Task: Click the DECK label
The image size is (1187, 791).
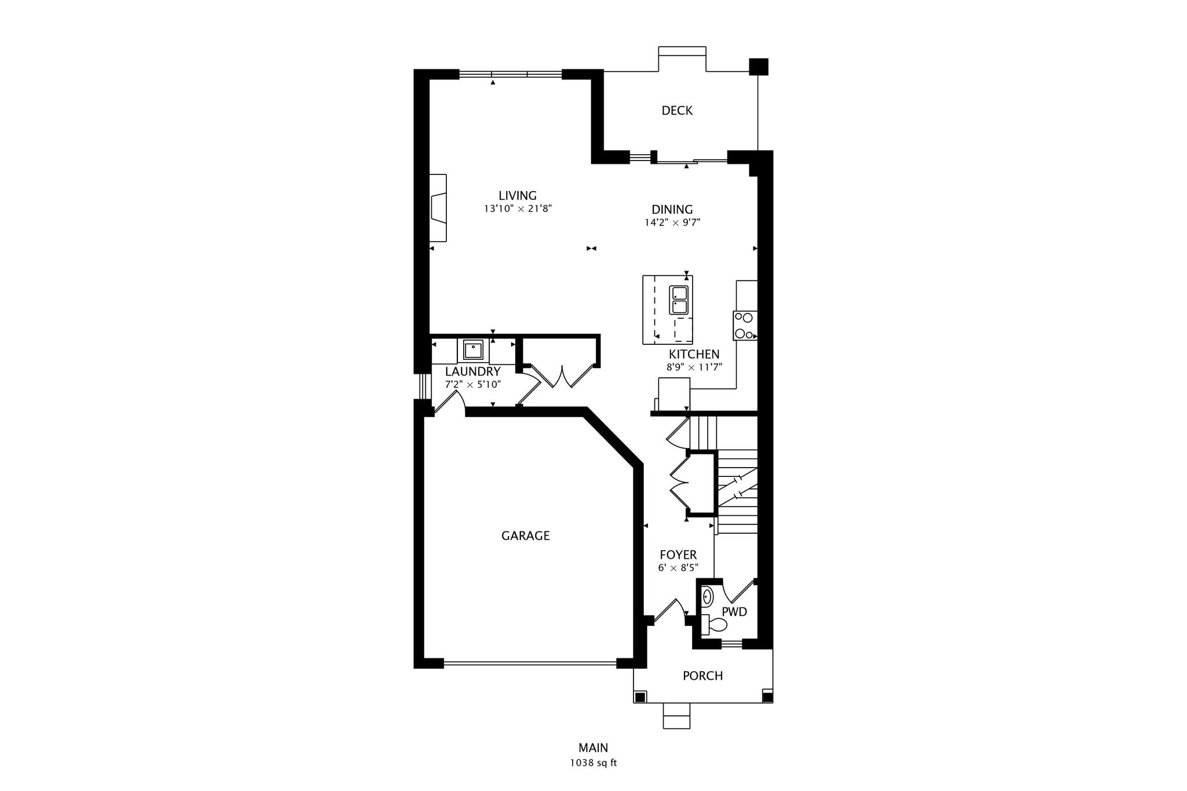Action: pos(677,110)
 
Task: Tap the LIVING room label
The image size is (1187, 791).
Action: pos(518,196)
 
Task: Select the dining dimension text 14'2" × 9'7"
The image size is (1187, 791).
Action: pos(672,222)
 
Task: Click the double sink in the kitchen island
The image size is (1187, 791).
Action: pos(679,300)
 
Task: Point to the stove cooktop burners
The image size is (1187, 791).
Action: pos(745,326)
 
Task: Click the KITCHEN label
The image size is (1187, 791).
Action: pos(694,354)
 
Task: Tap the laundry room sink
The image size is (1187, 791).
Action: pos(474,351)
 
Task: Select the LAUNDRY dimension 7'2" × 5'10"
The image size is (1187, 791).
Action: pos(473,384)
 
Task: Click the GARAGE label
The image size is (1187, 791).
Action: pos(526,536)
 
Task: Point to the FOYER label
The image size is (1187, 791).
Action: pos(678,555)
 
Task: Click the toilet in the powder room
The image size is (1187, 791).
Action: pos(713,625)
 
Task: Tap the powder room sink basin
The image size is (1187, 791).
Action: pos(708,596)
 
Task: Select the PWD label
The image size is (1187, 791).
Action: pos(734,612)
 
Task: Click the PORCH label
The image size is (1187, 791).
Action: pos(702,676)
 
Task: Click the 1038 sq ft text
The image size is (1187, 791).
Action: pos(593,763)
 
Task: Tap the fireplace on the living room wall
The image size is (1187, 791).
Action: pos(438,207)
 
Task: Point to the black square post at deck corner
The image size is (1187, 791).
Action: pos(759,67)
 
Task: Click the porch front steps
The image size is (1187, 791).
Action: pos(677,716)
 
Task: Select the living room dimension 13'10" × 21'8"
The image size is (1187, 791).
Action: pos(518,209)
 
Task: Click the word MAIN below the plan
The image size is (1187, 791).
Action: pos(593,748)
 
